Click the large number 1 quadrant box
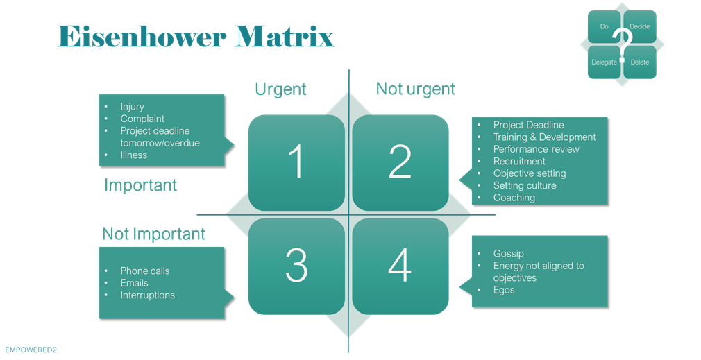click(296, 162)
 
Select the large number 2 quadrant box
click(400, 162)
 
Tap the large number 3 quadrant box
click(296, 265)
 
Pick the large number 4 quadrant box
click(400, 265)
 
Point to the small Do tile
click(604, 27)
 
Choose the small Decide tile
click(640, 27)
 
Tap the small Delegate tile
click(604, 62)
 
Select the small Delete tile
click(640, 62)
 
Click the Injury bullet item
click(132, 107)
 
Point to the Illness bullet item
click(134, 155)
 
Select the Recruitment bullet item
click(519, 161)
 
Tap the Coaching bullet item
click(514, 198)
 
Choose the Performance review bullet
click(536, 149)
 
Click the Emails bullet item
click(134, 283)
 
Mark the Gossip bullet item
click(508, 254)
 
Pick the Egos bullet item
click(504, 290)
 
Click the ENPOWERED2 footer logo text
click(31, 350)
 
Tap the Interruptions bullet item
click(147, 295)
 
